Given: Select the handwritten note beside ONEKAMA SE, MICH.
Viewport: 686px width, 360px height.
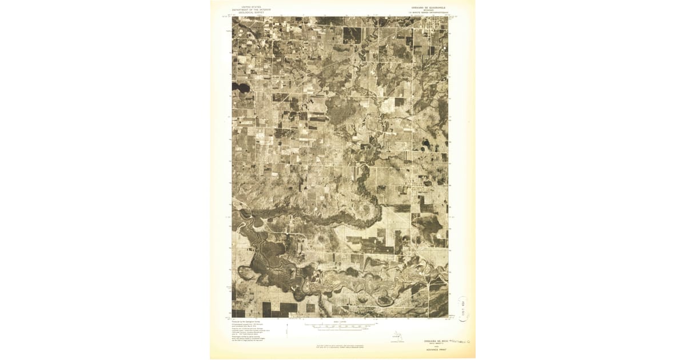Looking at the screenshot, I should pos(457,341).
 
